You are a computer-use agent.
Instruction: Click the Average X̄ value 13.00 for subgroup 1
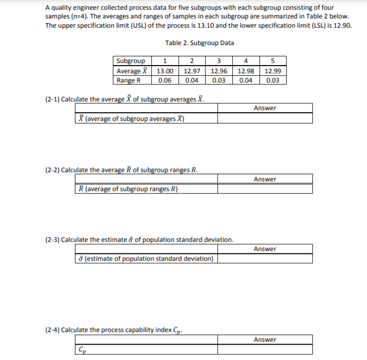(165, 71)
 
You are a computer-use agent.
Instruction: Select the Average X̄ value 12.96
(219, 71)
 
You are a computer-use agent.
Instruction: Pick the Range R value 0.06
(165, 80)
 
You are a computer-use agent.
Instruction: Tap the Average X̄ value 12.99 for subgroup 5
(273, 71)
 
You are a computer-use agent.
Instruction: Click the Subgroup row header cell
(131, 62)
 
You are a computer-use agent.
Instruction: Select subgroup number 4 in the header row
(246, 62)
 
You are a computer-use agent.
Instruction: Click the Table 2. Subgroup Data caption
(199, 43)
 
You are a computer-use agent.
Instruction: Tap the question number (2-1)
(50, 98)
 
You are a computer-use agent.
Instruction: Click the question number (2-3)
(50, 239)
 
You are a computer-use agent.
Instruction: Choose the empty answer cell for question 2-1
(264, 118)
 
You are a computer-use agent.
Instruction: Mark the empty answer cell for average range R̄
(264, 188)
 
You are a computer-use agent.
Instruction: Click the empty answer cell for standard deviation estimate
(264, 259)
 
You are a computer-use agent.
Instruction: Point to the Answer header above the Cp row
(264, 340)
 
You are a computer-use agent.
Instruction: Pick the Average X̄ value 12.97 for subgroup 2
(192, 71)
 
